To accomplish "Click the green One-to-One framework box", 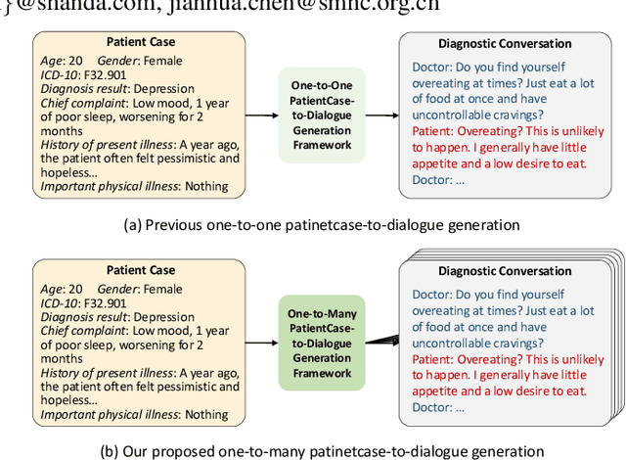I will pos(321,115).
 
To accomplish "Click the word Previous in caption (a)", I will pos(175,224).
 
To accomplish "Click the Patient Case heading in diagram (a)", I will pos(141,42).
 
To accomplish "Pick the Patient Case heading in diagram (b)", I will pos(141,269).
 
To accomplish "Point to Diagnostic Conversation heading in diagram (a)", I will pos(505,43).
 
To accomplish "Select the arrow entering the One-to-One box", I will pos(261,115).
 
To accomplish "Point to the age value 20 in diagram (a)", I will pos(75,60).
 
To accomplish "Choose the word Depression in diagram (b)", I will pos(164,316).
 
